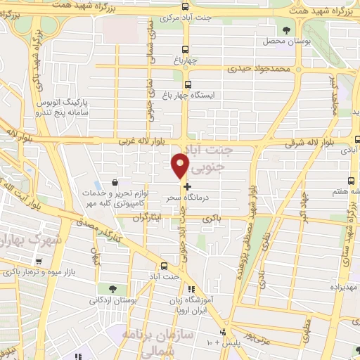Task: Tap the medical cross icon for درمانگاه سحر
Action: (187, 187)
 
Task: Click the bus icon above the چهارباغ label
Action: (185, 49)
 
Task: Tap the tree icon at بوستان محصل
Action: (285, 30)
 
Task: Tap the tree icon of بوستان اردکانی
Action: (113, 289)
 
